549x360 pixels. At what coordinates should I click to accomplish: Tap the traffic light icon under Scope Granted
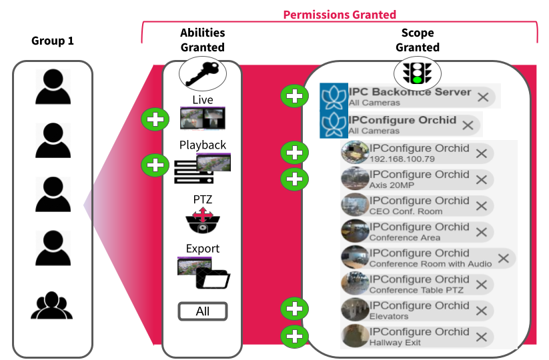(x=416, y=71)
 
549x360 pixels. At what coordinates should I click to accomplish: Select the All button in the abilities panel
(x=202, y=311)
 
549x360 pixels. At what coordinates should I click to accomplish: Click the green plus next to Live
(x=155, y=120)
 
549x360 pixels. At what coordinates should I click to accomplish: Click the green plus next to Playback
(x=155, y=164)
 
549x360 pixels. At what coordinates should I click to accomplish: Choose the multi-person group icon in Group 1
(x=51, y=305)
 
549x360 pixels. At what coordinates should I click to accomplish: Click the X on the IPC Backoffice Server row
(x=484, y=97)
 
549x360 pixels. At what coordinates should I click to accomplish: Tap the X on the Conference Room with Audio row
(x=504, y=258)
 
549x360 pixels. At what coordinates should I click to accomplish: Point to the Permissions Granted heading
(x=340, y=14)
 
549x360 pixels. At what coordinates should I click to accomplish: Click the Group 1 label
(x=53, y=41)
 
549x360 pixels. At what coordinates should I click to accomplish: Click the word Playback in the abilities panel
(x=202, y=145)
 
